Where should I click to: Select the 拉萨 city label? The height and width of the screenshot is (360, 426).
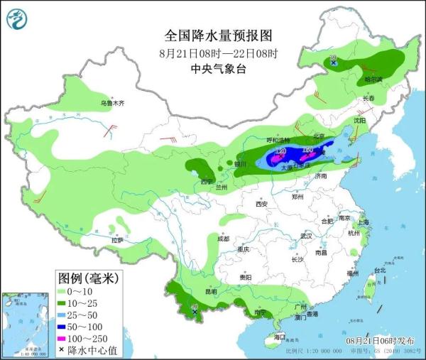click(117, 241)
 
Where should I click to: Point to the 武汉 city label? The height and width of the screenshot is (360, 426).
click(306, 235)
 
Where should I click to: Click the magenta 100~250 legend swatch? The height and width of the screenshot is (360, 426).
click(66, 338)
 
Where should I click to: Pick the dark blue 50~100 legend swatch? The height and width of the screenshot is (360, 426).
click(66, 326)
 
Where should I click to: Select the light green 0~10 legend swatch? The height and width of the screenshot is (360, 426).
click(66, 292)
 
